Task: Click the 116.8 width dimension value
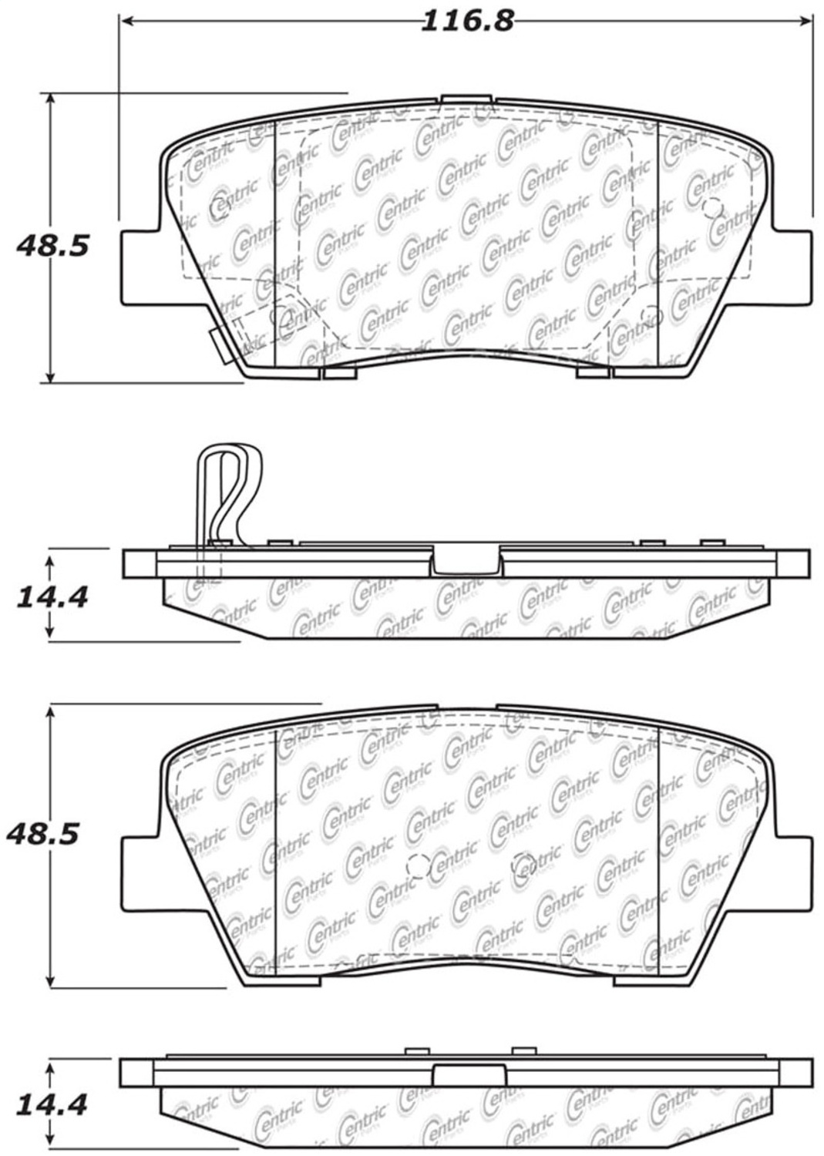[x=467, y=20]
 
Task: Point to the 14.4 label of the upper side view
[x=52, y=596]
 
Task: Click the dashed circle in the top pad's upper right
[x=713, y=207]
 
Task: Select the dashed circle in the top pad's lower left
[x=281, y=315]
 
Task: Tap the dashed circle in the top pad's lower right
[x=651, y=315]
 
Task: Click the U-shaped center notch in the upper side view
[x=465, y=560]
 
